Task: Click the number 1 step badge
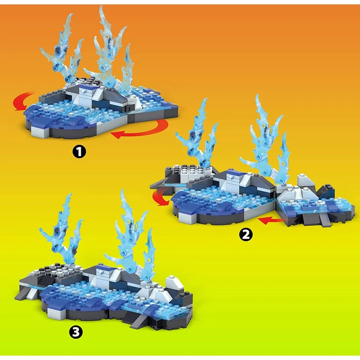pyautogui.click(x=79, y=152)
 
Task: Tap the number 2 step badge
pyautogui.click(x=246, y=234)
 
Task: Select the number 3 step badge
pyautogui.click(x=76, y=332)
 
